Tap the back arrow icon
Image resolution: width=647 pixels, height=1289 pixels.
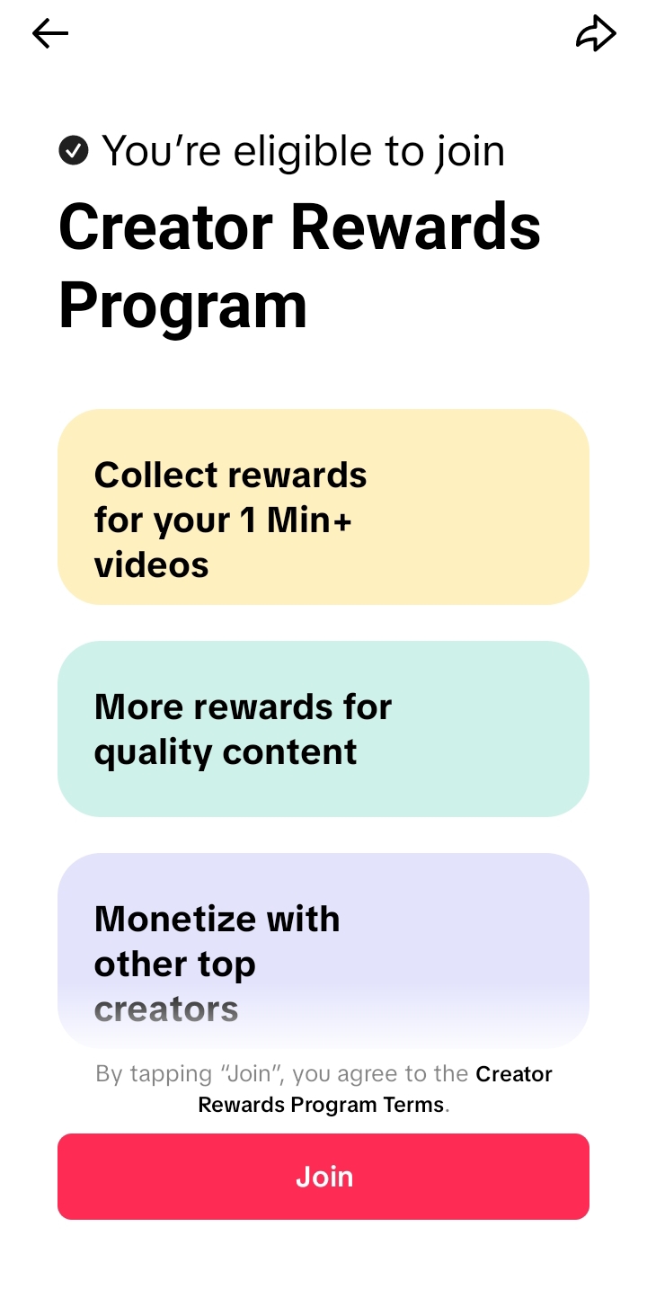point(50,33)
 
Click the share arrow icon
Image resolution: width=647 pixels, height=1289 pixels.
point(596,33)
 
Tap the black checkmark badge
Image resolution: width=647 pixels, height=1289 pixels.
point(74,151)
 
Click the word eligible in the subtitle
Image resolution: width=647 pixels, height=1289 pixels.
point(303,153)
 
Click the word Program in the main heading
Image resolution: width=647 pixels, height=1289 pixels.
point(183,307)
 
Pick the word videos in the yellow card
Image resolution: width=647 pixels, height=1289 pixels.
point(151,564)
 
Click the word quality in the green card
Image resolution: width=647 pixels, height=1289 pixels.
point(153,752)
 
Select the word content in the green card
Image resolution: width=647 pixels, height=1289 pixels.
point(290,752)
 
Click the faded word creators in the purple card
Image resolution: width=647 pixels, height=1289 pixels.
point(166,1009)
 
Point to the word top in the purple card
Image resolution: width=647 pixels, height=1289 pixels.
point(226,965)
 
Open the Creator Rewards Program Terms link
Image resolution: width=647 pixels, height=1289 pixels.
point(375,1089)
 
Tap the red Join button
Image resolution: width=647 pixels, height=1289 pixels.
point(323,1177)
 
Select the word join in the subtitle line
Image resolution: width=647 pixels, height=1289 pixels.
point(470,153)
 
